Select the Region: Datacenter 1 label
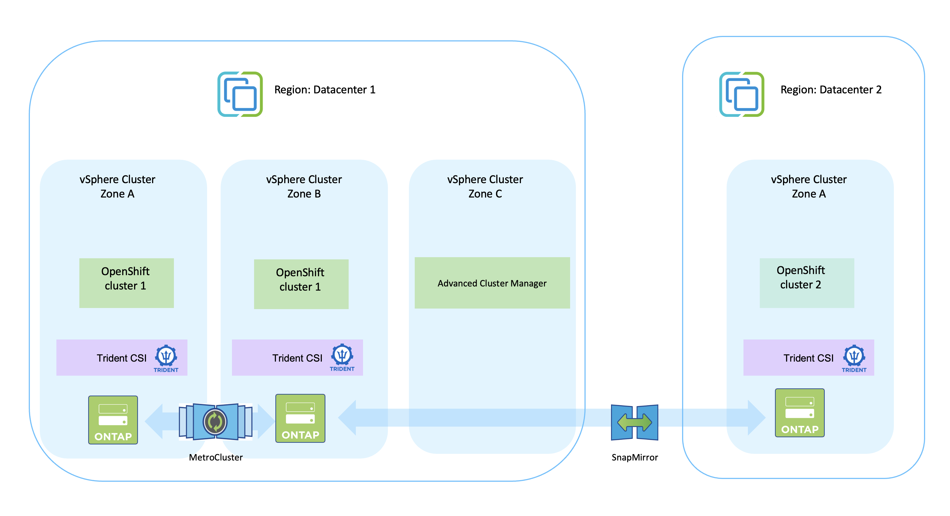[x=325, y=89]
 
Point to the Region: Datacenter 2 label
[x=831, y=89]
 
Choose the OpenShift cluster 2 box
[x=807, y=283]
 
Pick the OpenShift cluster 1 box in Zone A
[x=126, y=283]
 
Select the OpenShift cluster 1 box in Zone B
[x=301, y=284]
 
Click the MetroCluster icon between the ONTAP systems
[x=215, y=421]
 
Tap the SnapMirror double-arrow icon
[x=634, y=422]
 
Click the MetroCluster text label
[x=215, y=457]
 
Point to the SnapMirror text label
[x=634, y=457]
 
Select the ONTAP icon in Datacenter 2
[x=800, y=413]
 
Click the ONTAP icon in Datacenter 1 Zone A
[x=113, y=420]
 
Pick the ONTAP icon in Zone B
[x=300, y=418]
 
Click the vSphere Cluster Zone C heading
[x=485, y=186]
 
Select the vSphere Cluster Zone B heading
[x=304, y=186]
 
